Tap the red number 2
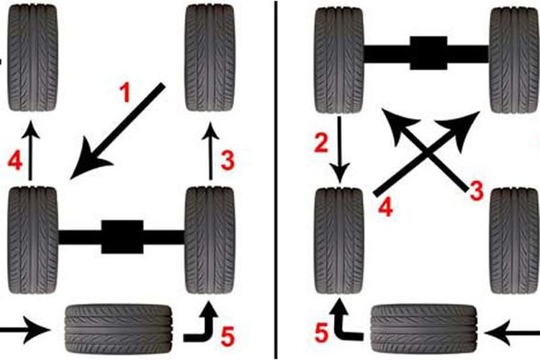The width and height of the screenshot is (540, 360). pos(321,143)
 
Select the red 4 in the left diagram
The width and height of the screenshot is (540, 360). pos(15,161)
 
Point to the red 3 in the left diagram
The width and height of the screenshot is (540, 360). pos(228,161)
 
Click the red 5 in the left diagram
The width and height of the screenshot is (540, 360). pos(228,336)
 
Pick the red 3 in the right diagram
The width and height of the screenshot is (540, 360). pos(477,191)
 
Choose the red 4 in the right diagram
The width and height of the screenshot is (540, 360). pos(385,207)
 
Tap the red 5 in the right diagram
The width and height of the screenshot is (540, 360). pos(322,333)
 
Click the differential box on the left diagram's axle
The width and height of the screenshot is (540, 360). pos(122,237)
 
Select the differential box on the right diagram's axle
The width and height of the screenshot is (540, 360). pos(428,53)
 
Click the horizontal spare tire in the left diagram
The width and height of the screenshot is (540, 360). pos(119,328)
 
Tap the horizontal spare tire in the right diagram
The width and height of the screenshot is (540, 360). pos(424,328)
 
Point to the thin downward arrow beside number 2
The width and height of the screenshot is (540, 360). pos(340,150)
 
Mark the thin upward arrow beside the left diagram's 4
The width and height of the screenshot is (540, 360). pos(30,150)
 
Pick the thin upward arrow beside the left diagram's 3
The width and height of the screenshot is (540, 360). pos(211,150)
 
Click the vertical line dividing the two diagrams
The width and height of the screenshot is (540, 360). pos(276,180)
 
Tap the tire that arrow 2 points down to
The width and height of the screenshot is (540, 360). pos(339,240)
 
